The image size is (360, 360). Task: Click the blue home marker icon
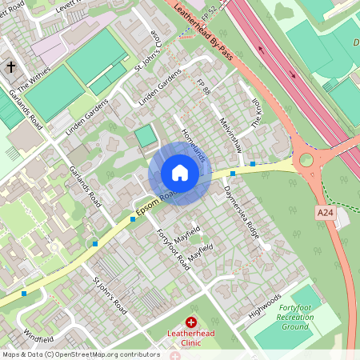point(180,173)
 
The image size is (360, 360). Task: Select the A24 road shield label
point(324,212)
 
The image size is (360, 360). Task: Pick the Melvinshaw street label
point(230,134)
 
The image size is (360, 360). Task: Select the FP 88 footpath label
point(206,89)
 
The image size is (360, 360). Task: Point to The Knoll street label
point(257,118)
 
